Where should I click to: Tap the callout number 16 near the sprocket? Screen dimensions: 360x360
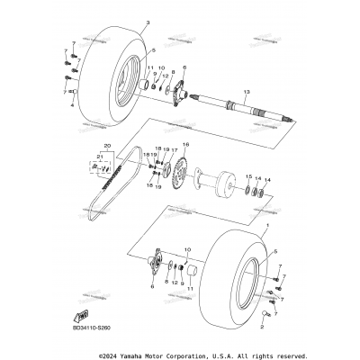pos(186,144)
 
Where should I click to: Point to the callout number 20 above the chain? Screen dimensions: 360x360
pos(108,145)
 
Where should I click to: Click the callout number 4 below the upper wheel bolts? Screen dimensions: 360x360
pos(73,105)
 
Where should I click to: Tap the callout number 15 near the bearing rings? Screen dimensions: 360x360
pos(247,178)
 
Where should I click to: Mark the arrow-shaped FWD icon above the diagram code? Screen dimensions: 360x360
pos(82,314)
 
